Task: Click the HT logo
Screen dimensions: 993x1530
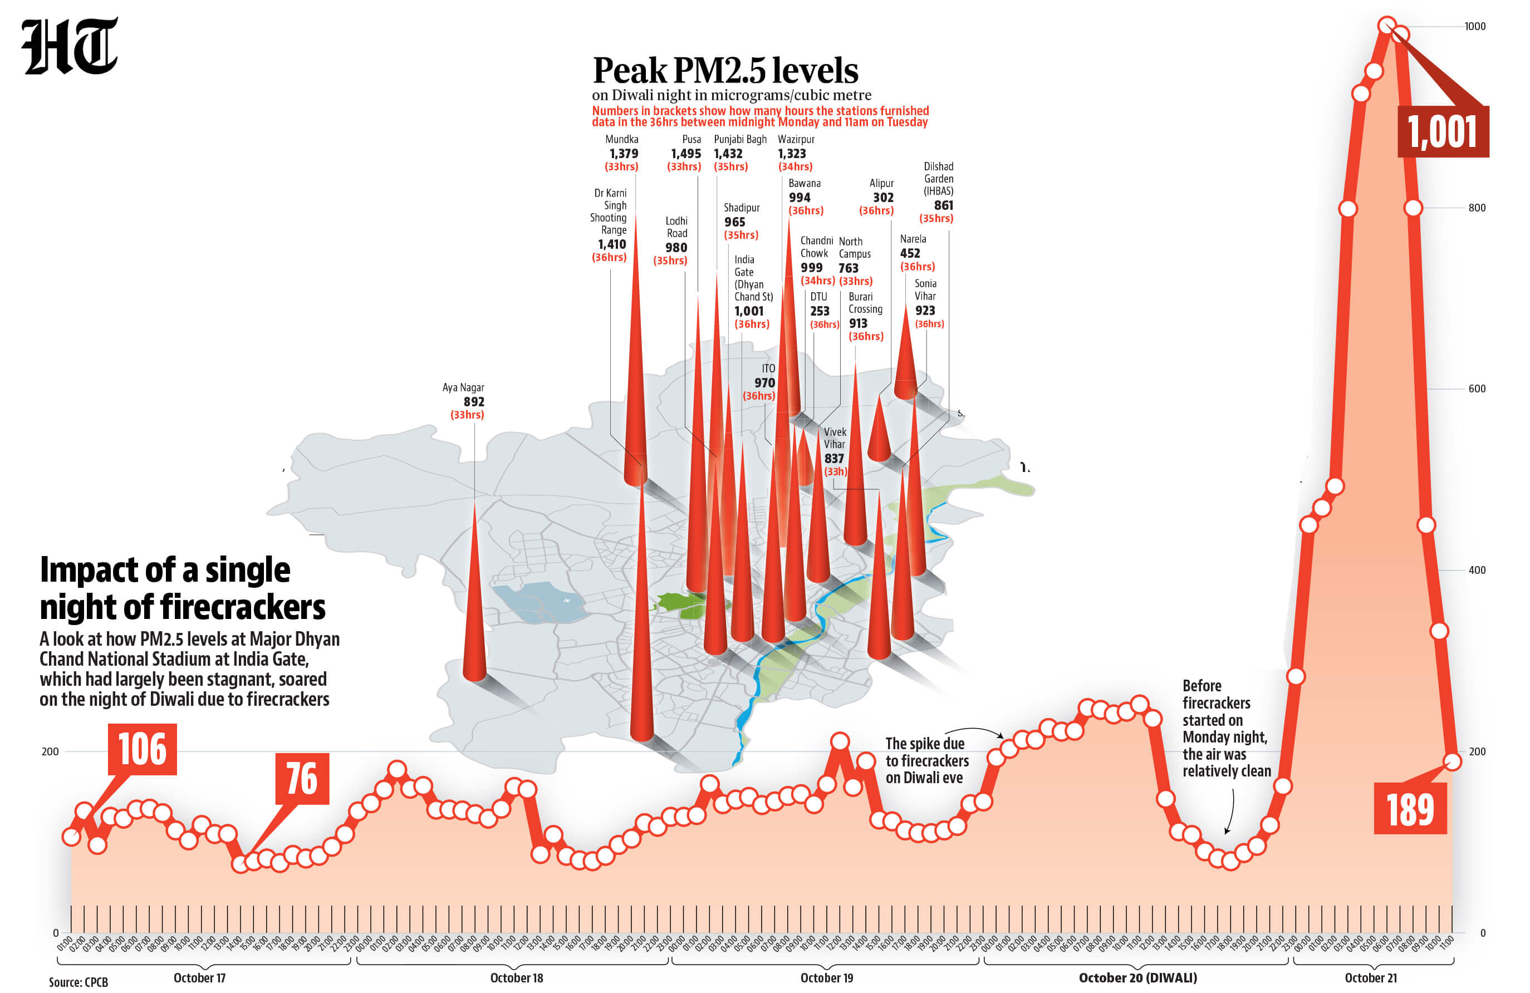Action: [70, 46]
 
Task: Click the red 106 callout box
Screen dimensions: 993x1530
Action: [142, 749]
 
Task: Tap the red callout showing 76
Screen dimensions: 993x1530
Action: [302, 778]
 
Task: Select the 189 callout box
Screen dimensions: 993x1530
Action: [1410, 809]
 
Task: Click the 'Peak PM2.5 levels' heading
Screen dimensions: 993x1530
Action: [724, 71]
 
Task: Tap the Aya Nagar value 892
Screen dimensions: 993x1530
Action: [474, 402]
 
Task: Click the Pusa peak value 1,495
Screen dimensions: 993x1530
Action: [685, 154]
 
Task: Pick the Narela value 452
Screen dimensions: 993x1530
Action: [910, 253]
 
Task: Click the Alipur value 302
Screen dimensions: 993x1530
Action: [882, 197]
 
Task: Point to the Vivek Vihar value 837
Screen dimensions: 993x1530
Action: [834, 458]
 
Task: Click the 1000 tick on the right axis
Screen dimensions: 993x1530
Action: [1475, 26]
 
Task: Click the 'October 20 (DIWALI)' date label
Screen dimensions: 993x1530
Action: [1137, 977]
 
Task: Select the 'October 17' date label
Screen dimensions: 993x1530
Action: [199, 977]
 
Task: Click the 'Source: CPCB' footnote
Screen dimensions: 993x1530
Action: [79, 982]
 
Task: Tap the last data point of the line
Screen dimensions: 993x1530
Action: [1451, 761]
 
